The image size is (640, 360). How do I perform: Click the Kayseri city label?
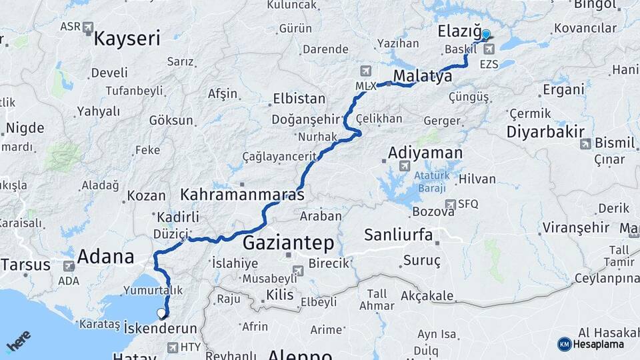click(127, 38)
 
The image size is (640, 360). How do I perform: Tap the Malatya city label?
click(423, 76)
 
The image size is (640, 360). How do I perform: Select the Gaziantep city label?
click(288, 241)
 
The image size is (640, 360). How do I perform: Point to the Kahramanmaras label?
click(242, 195)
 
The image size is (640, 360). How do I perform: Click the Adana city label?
click(106, 256)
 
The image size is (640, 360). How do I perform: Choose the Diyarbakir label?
click(545, 131)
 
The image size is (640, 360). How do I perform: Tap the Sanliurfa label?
click(399, 235)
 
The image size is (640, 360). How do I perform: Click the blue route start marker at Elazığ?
click(485, 35)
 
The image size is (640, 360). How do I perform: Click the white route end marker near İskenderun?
click(161, 312)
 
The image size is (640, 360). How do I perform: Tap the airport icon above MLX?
click(365, 71)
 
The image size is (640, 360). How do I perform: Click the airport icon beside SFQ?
click(451, 204)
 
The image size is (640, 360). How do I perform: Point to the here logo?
click(19, 341)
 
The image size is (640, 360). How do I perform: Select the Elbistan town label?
click(299, 99)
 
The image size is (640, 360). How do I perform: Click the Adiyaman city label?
click(425, 153)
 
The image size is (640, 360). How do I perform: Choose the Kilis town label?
click(279, 294)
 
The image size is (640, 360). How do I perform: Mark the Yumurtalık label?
click(153, 290)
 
